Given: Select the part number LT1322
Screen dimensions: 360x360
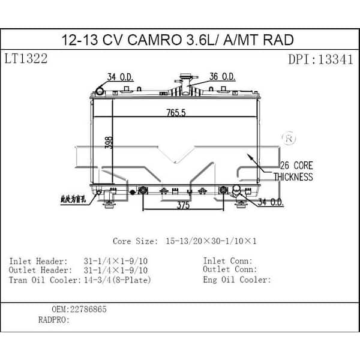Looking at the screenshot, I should coord(26,59).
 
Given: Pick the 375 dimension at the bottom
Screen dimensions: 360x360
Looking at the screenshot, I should coord(184,205).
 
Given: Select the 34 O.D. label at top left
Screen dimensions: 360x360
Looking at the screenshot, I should coord(120,77).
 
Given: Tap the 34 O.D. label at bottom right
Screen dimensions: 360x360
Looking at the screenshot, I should coord(271,203).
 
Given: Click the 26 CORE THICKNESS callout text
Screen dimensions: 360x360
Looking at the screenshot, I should coord(293,171).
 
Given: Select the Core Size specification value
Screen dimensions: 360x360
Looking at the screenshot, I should coord(211,241).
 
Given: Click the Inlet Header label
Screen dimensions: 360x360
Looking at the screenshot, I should coord(38,261).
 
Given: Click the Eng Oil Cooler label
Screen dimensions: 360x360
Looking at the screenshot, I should coord(238,280).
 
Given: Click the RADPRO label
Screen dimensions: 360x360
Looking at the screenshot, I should coord(53,320).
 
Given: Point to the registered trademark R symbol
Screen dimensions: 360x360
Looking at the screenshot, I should coord(289,139).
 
